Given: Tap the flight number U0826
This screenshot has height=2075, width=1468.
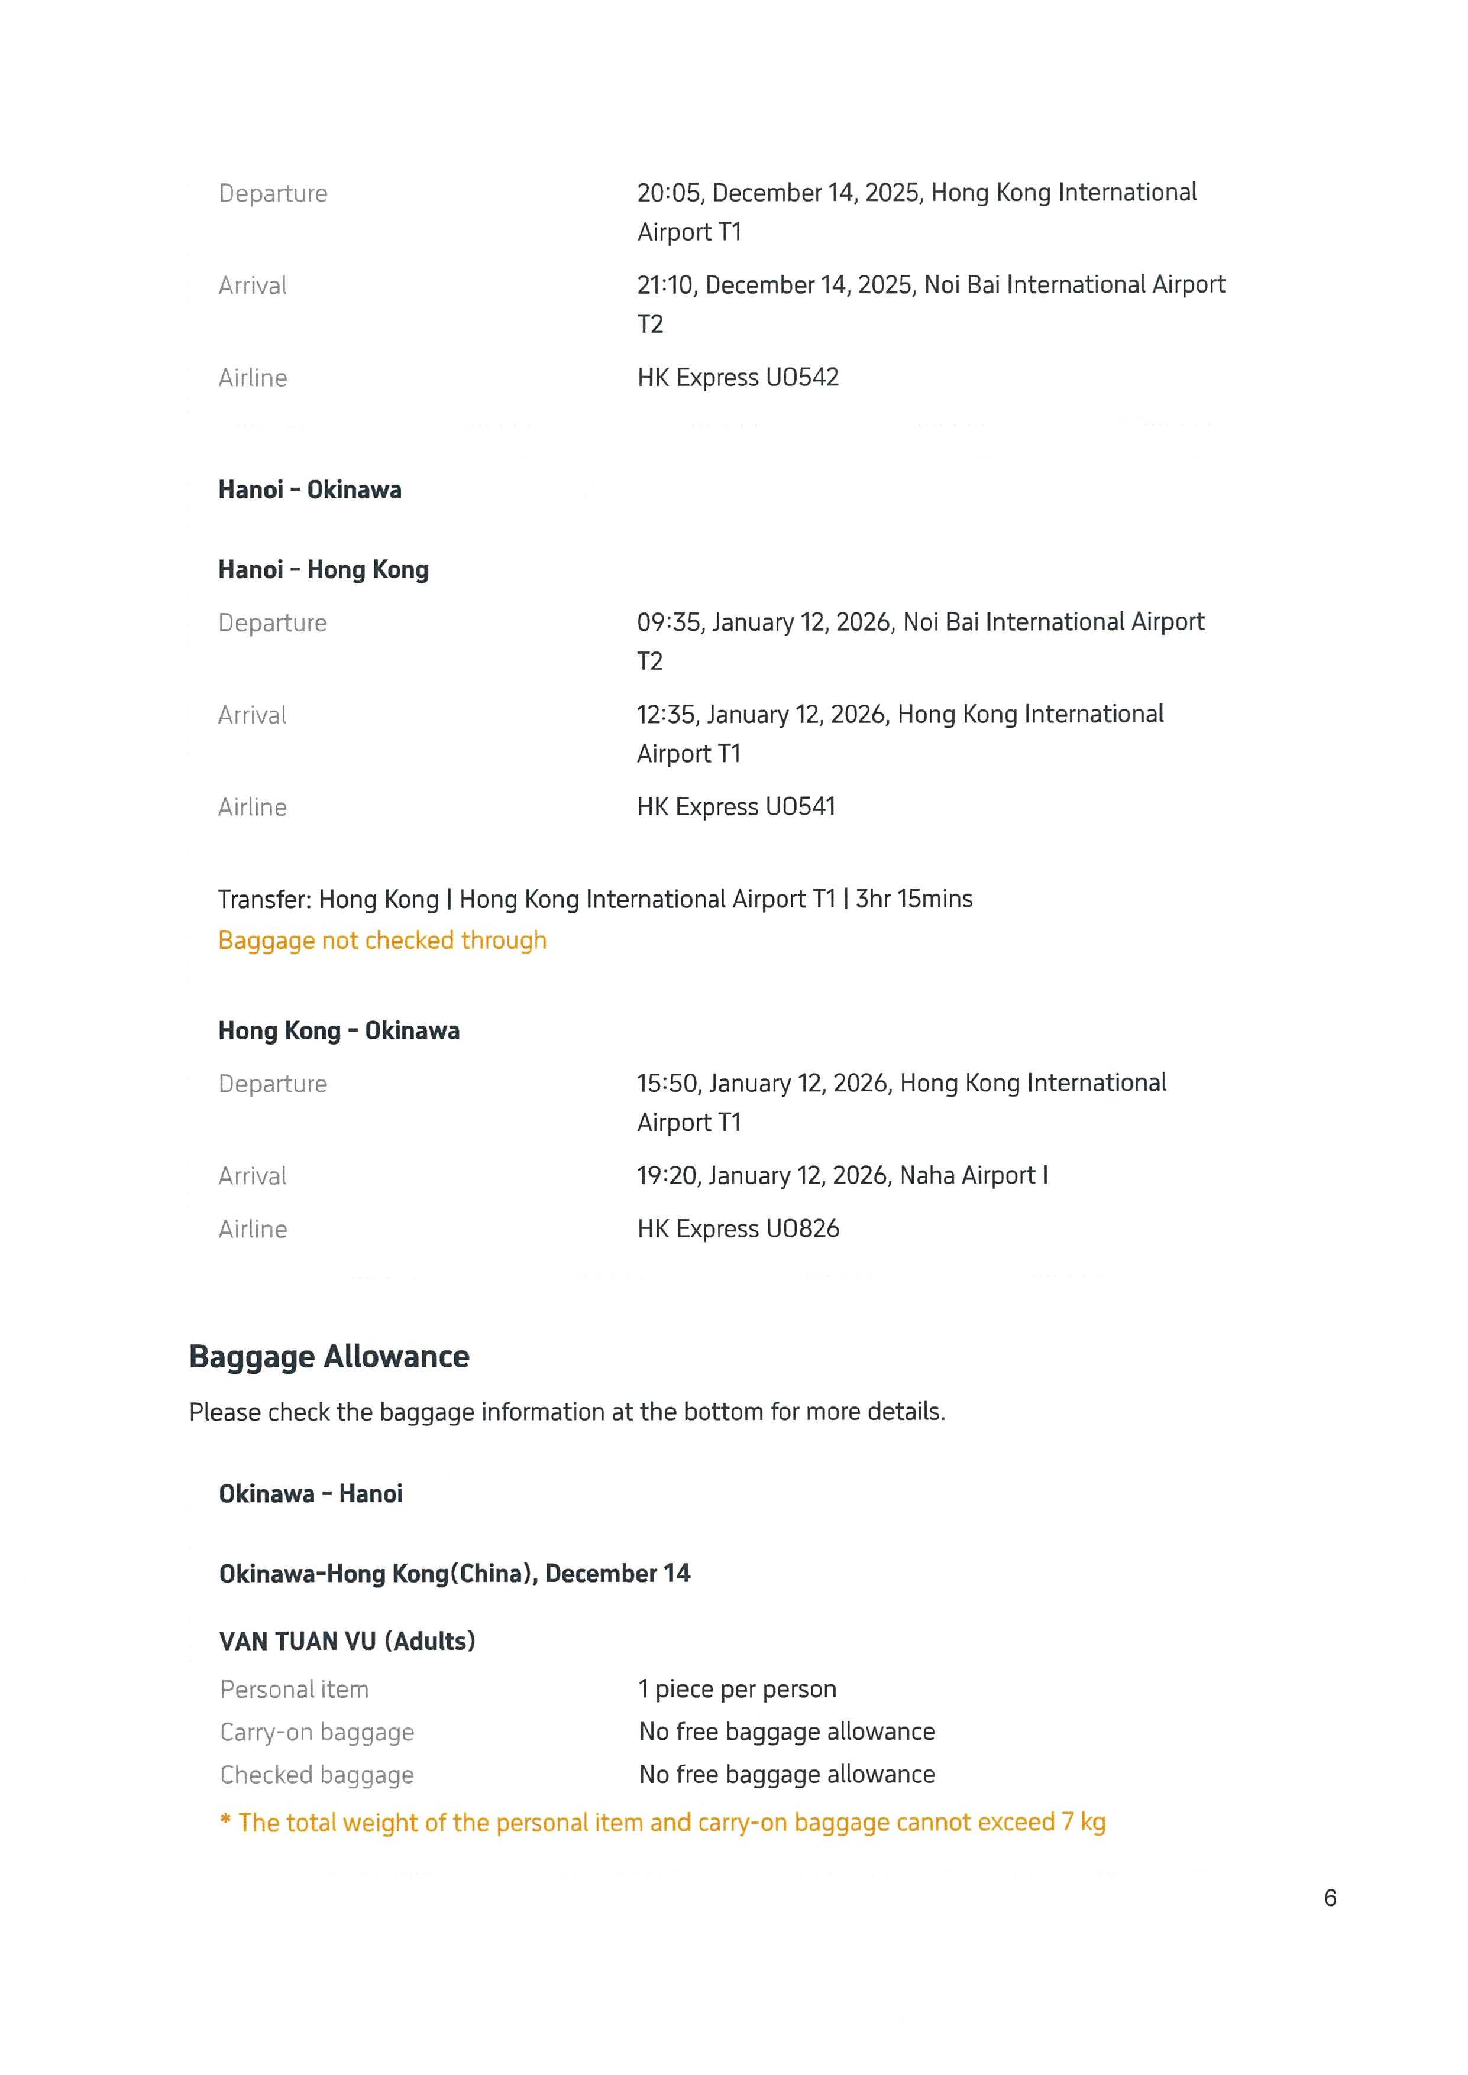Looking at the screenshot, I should [802, 1228].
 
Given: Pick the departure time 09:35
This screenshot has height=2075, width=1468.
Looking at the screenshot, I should [671, 622].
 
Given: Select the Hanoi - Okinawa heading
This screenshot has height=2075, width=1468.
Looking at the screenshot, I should [310, 490].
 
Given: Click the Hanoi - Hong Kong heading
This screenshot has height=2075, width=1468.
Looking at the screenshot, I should [324, 569].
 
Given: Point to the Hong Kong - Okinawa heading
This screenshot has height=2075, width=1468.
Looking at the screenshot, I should [339, 1030].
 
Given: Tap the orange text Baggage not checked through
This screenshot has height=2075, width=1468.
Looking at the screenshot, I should [382, 940].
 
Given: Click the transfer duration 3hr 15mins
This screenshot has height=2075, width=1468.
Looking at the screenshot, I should [914, 899].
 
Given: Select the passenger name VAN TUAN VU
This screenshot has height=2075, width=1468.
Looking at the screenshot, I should [298, 1640].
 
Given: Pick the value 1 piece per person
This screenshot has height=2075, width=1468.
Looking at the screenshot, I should [737, 1688].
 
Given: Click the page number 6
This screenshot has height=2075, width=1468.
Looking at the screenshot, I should [1330, 1898].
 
